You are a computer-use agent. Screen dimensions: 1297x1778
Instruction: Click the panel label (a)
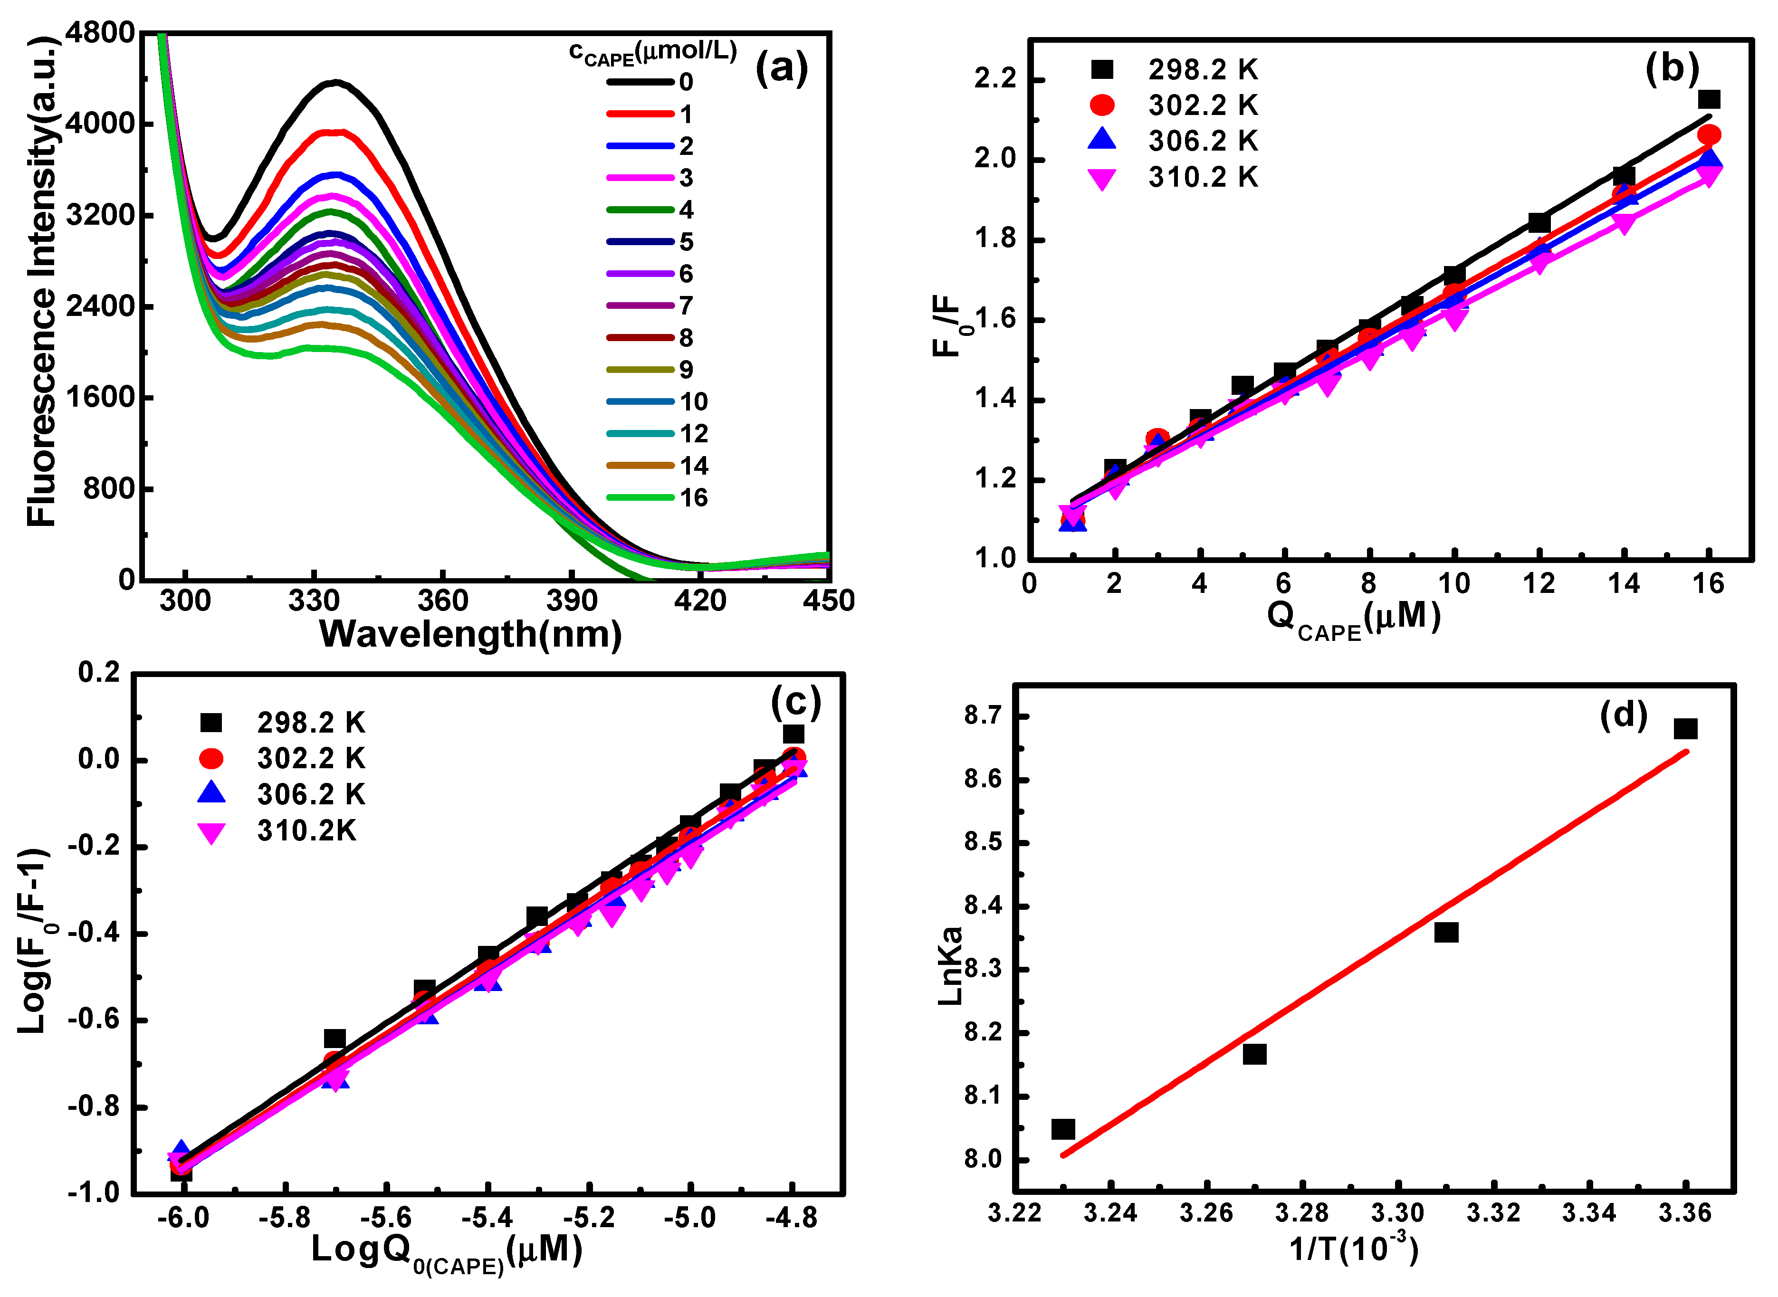point(781,69)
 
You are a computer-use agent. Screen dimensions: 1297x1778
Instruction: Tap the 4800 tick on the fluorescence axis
point(100,33)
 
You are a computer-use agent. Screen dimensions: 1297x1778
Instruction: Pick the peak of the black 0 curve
point(336,82)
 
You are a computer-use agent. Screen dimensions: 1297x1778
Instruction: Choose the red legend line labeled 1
point(640,114)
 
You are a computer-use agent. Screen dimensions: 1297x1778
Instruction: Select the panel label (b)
point(1672,68)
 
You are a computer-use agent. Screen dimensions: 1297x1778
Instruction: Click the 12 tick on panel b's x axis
point(1539,583)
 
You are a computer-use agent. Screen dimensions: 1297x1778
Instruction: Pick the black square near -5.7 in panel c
point(335,1039)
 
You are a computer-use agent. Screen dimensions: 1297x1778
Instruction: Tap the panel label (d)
point(1623,715)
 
